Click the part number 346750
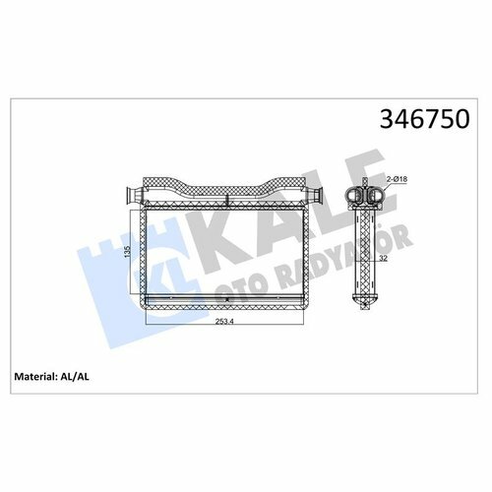coord(425,119)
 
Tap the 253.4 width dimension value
coord(224,322)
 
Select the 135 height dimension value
coord(128,252)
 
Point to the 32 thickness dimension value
coord(383,258)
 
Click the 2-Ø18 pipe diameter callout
coord(397,179)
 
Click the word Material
coord(34,376)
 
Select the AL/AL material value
coord(75,377)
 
